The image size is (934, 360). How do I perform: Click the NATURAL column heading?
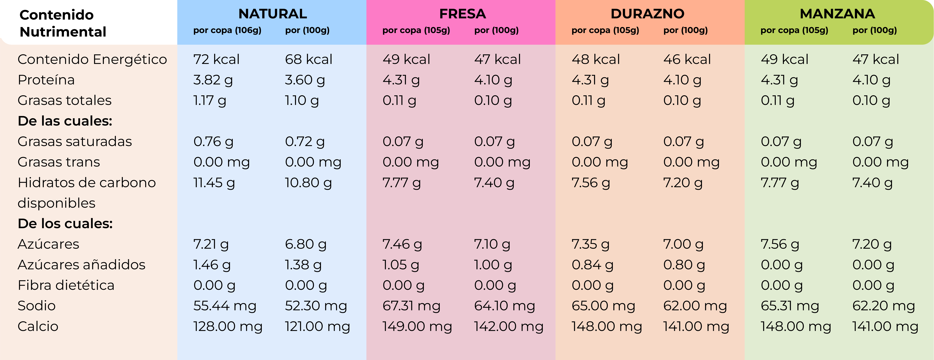pyautogui.click(x=273, y=14)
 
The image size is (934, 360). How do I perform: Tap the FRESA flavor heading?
pyautogui.click(x=462, y=14)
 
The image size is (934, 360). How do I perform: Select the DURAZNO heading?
pyautogui.click(x=648, y=14)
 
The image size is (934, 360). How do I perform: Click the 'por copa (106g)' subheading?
pyautogui.click(x=227, y=30)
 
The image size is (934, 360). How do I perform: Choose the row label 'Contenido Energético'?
pyautogui.click(x=92, y=59)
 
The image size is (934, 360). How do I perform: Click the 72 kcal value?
pyautogui.click(x=216, y=59)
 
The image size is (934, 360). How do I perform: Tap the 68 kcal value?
pyautogui.click(x=309, y=59)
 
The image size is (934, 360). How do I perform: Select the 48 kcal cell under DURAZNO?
pyautogui.click(x=596, y=59)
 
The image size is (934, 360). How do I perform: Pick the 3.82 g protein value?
pyautogui.click(x=213, y=80)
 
